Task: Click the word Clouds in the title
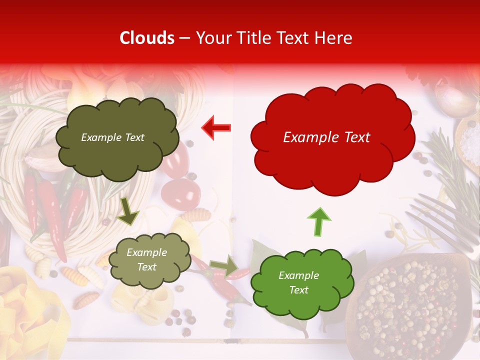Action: (147, 38)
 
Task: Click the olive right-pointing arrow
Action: (224, 266)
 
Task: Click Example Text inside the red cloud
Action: (326, 137)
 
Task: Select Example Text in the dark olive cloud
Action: (112, 137)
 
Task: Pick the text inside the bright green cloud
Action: (298, 282)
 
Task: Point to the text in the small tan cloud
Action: (146, 260)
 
